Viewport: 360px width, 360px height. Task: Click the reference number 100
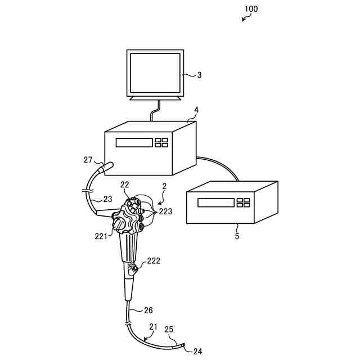[x=251, y=9]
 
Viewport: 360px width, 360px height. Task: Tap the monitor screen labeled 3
[x=155, y=73]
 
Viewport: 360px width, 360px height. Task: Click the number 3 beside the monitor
[x=199, y=74]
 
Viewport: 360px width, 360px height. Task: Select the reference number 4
[x=196, y=109]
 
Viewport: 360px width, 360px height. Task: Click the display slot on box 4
[x=134, y=142]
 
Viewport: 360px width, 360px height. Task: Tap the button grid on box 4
[x=161, y=142]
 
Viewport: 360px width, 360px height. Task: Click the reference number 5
[x=237, y=237]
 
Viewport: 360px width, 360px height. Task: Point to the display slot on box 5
[x=215, y=202]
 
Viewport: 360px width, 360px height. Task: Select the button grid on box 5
[x=243, y=202]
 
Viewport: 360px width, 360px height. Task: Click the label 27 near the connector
[x=88, y=160]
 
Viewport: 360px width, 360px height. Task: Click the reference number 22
[x=125, y=185]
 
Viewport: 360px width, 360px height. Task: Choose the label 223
[x=165, y=211]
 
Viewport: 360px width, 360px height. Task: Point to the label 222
[x=154, y=261]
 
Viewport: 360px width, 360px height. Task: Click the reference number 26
[x=148, y=310]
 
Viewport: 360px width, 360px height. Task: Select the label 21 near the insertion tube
[x=154, y=327]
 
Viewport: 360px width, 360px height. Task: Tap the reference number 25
[x=169, y=330]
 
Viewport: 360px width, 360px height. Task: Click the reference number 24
[x=197, y=352]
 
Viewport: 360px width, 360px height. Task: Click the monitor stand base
[x=156, y=98]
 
